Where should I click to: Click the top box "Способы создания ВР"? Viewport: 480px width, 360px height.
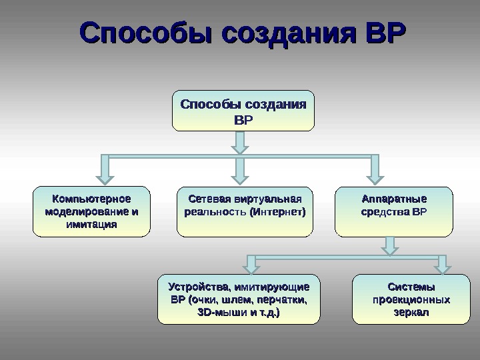pyautogui.click(x=243, y=111)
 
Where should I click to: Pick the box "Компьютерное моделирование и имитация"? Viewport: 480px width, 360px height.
pyautogui.click(x=92, y=211)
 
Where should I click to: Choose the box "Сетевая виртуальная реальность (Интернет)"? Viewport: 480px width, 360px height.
pyautogui.click(x=245, y=211)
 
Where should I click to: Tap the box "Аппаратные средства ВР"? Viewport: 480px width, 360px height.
pyautogui.click(x=393, y=211)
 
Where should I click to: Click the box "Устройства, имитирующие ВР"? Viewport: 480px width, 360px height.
pyautogui.click(x=239, y=299)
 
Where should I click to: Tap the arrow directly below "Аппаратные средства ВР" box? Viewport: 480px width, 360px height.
pyautogui.click(x=389, y=247)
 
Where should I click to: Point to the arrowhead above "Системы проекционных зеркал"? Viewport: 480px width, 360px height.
pyautogui.click(x=442, y=267)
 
